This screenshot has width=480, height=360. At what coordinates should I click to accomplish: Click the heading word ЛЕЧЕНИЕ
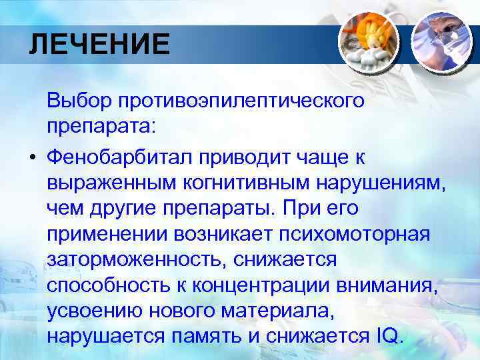(x=99, y=45)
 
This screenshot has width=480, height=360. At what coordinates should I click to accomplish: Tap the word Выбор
(x=78, y=101)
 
